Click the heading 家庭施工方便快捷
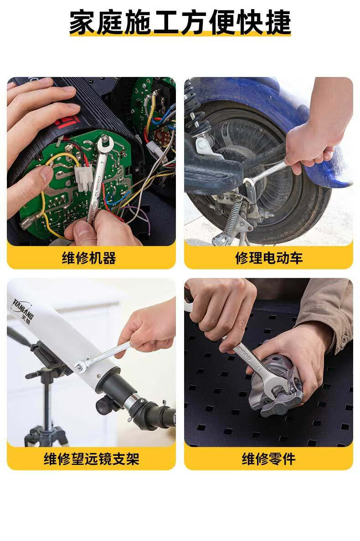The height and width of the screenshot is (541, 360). point(180,22)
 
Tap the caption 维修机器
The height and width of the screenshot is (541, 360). point(89,258)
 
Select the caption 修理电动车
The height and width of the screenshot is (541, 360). point(269,258)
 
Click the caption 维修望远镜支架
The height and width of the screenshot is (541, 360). point(92,459)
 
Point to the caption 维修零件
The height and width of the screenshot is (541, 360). point(269,459)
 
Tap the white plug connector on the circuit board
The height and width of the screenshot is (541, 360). point(83,178)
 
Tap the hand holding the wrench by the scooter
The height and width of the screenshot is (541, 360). point(310,145)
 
